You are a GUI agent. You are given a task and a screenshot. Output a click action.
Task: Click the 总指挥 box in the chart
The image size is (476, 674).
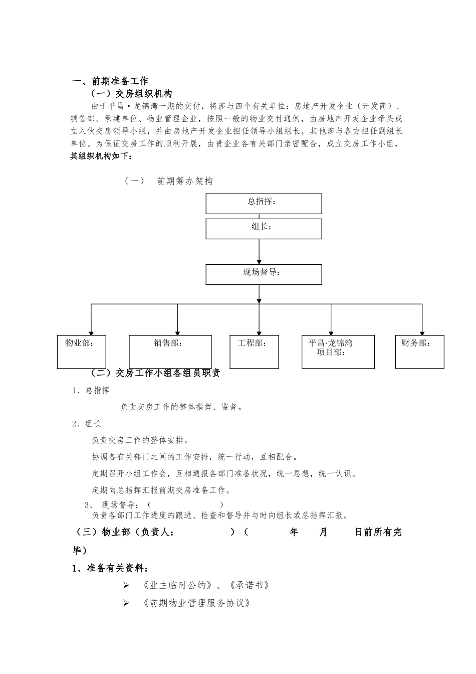264,204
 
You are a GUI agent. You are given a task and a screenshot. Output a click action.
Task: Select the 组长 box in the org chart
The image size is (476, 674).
264,228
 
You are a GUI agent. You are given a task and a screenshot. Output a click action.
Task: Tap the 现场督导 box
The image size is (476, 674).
264,274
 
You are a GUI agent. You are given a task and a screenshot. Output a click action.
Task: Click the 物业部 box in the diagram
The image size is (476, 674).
82,352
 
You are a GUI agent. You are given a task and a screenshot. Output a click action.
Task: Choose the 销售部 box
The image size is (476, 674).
170,352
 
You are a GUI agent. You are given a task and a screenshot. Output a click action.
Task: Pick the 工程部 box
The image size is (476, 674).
254,352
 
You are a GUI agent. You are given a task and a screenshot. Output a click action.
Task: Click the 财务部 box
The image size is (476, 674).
419,352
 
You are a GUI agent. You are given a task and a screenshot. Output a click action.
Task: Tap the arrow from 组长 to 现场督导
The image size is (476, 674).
259,251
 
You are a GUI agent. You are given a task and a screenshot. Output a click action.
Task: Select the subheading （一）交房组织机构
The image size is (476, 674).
131,94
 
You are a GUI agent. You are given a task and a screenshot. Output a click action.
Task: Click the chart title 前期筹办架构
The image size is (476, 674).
184,181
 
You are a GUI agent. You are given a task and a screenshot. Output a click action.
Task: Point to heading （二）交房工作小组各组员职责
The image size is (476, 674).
155,373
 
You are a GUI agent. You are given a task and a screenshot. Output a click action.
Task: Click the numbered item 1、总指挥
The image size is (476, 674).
91,390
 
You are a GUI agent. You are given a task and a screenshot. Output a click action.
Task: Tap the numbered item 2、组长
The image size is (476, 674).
86,424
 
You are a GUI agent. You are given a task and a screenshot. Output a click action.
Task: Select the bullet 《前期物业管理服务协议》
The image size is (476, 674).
196,603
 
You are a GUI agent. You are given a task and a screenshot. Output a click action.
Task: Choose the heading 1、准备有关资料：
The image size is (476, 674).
110,568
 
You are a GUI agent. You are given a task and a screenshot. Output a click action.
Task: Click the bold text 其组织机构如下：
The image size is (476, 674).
101,156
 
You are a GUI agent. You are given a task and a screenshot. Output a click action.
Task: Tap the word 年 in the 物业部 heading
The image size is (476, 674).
294,532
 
